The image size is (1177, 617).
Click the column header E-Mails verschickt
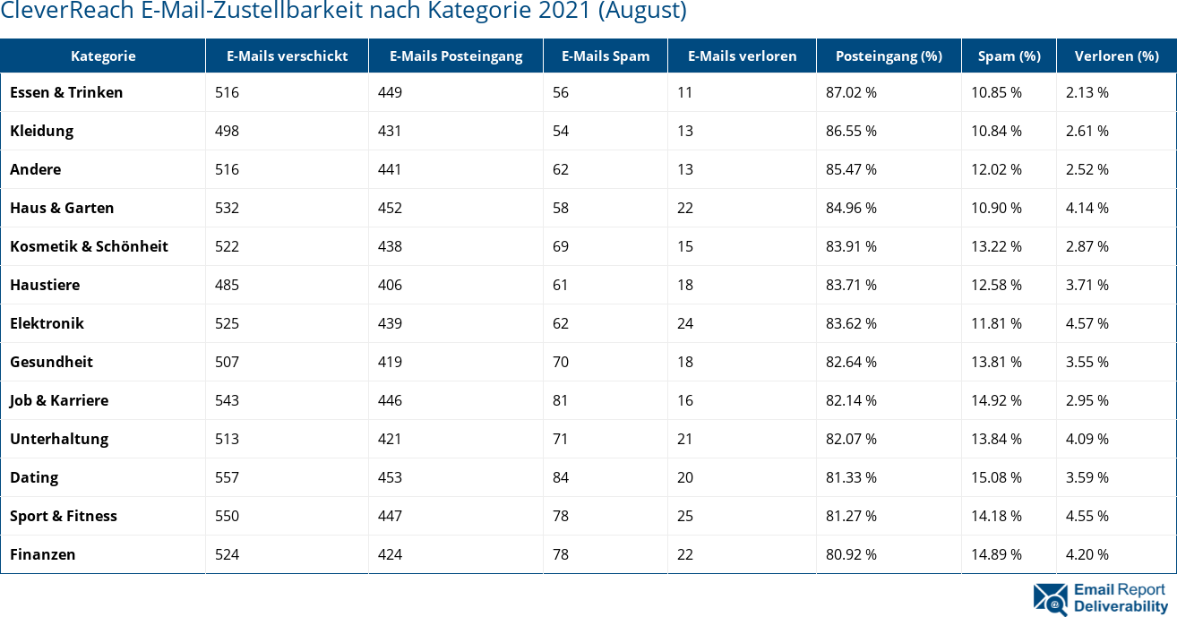[287, 56]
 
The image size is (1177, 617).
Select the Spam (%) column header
[1009, 56]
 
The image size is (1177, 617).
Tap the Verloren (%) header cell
[1115, 56]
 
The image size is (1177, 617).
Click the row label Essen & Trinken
[66, 92]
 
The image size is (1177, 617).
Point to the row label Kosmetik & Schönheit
[89, 246]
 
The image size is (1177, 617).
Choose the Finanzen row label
[42, 554]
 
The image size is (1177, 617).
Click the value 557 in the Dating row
[227, 477]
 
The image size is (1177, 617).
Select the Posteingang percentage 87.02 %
[851, 92]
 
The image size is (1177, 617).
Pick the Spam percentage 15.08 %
[996, 477]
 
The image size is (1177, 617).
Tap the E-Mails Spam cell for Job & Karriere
[561, 400]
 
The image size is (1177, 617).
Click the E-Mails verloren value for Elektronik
[685, 323]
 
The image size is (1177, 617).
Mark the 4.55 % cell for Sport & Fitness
[1087, 516]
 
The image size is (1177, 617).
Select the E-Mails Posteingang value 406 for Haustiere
[390, 285]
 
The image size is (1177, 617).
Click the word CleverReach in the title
[60, 11]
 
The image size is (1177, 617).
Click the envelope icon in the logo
[1050, 599]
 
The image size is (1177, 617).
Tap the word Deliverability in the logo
[1121, 606]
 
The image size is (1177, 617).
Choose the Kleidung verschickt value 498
[227, 131]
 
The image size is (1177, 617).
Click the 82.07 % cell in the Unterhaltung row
[851, 439]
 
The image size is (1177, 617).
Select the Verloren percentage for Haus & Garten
[1087, 208]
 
